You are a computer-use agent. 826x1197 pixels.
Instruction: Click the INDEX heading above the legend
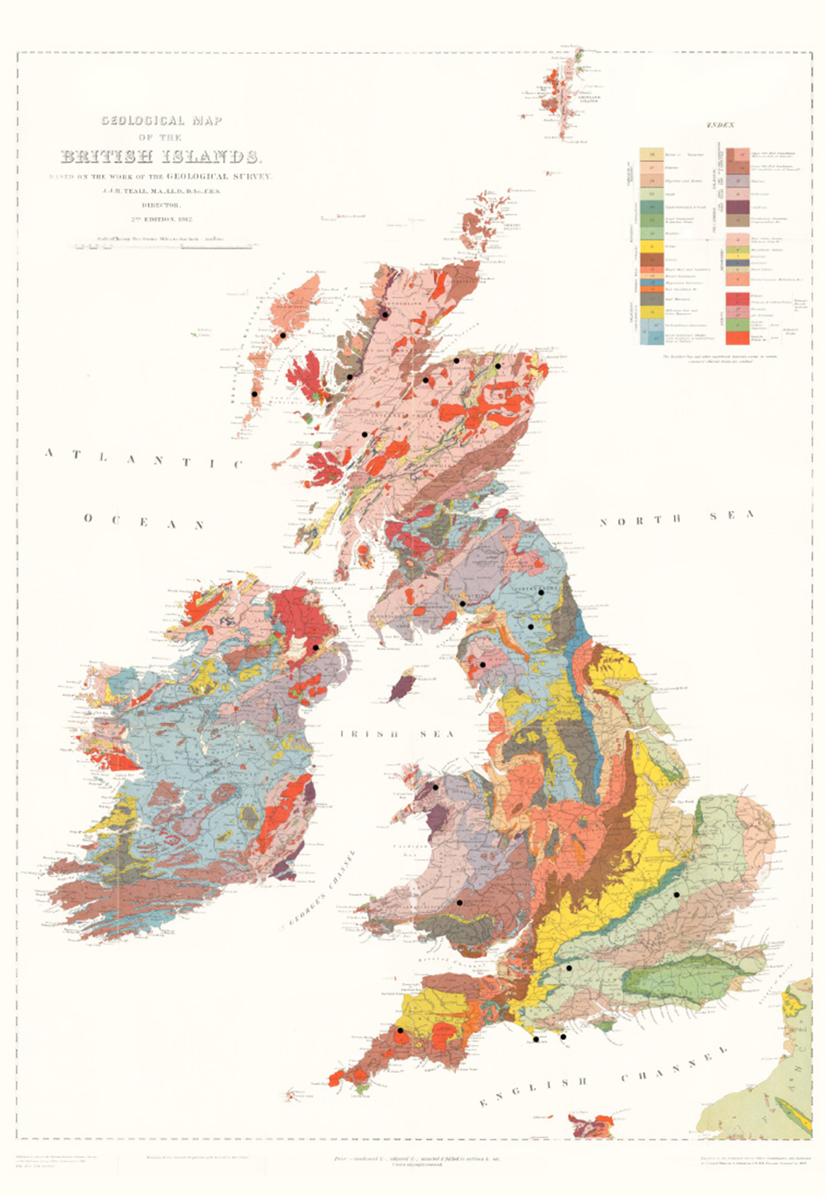720,125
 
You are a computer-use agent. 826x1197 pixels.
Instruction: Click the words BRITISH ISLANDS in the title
161,156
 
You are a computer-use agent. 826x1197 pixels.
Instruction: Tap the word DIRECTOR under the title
161,205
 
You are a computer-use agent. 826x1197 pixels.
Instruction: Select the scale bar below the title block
161,246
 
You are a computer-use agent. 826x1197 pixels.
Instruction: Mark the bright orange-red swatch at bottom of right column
738,337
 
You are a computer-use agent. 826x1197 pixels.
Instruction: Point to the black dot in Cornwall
400,1031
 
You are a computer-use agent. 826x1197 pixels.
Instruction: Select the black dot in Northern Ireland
315,647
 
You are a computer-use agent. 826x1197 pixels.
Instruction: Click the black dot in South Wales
460,903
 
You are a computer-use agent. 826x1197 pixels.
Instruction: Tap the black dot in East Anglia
677,895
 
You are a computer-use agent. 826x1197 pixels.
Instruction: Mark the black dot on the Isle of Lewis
282,335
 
